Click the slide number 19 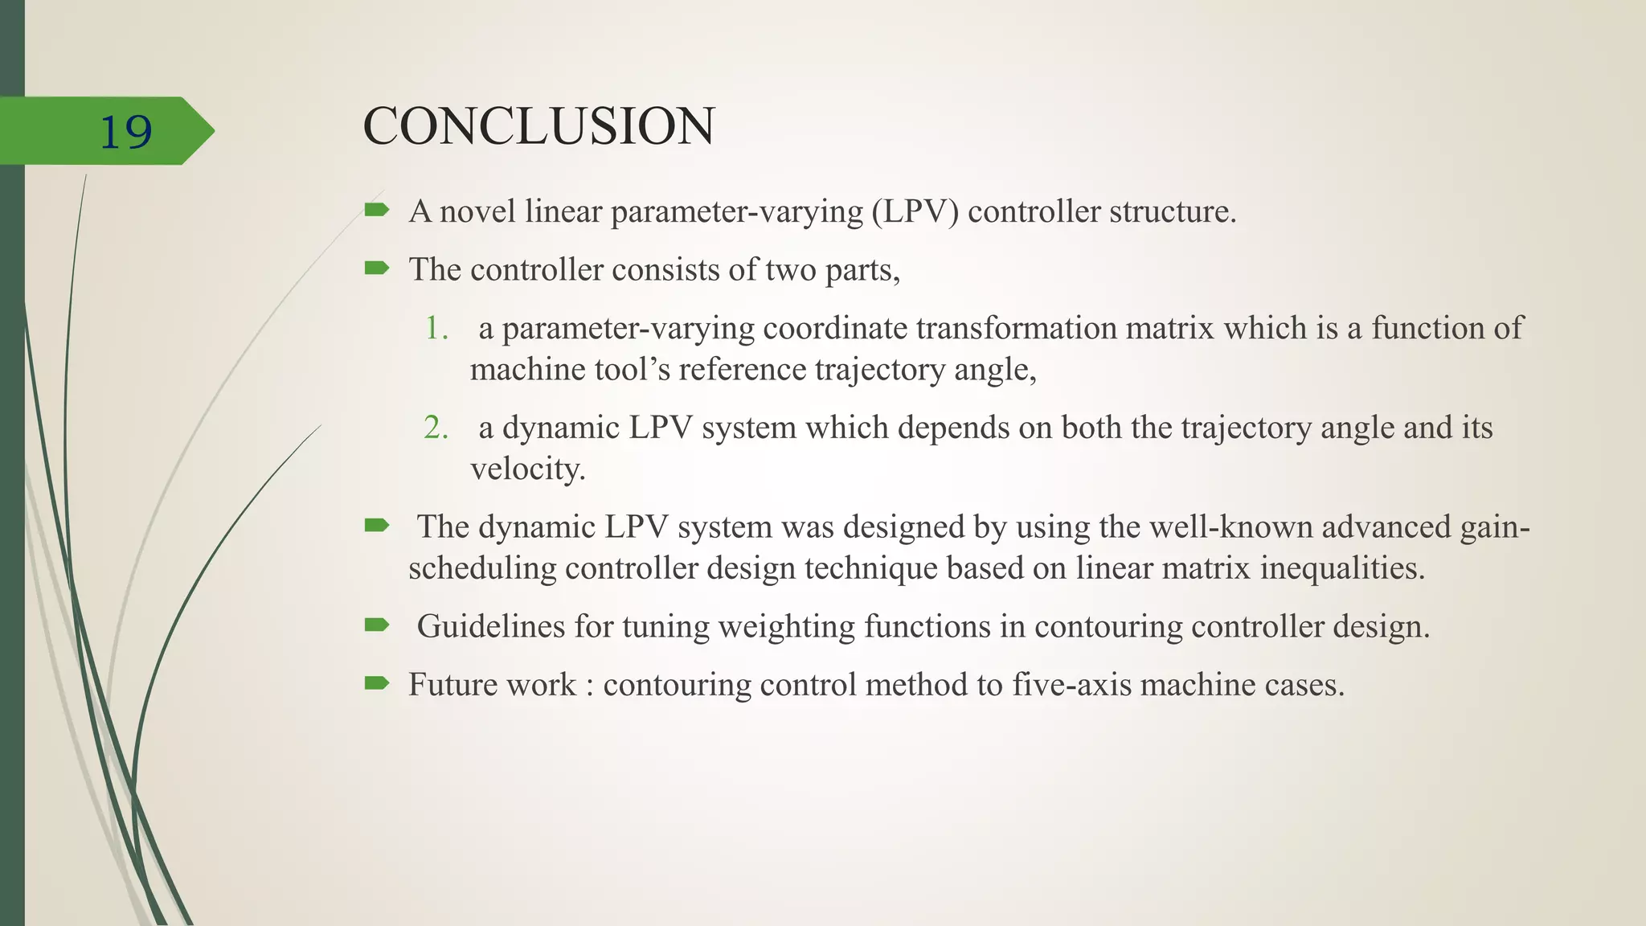[125, 132]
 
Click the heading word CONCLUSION [538, 127]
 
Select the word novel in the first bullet [477, 211]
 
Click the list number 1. [436, 328]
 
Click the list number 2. [436, 428]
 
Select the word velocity [527, 469]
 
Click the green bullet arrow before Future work [376, 684]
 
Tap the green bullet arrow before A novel [376, 211]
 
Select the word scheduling [482, 568]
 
